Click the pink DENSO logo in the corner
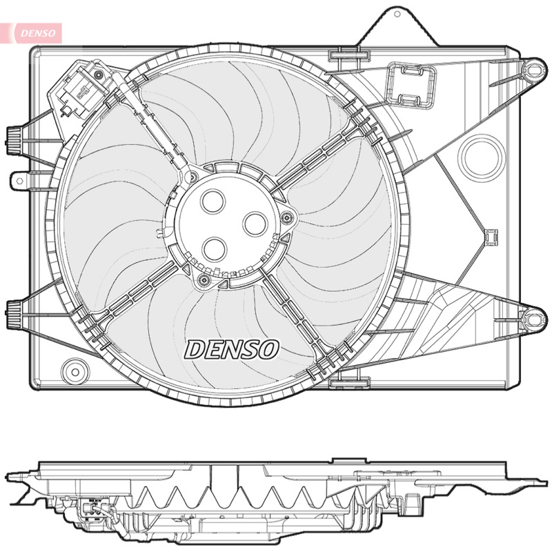coord(33,33)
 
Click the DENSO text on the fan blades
coord(232,350)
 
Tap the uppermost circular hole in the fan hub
coord(213,201)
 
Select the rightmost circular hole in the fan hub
coord(255,224)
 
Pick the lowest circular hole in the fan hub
coord(214,249)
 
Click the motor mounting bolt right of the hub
coord(288,218)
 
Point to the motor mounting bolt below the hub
coord(204,281)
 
